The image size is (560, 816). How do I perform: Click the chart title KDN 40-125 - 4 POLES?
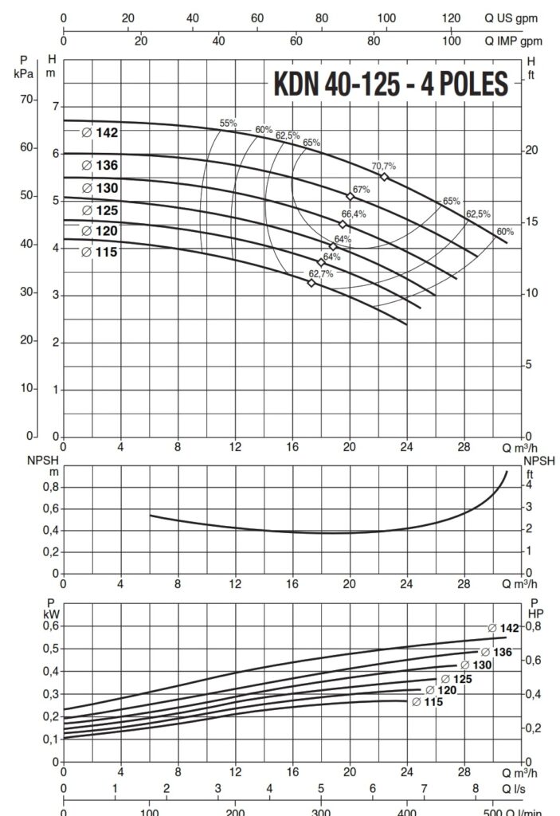tap(390, 84)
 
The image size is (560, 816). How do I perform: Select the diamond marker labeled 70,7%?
tap(384, 176)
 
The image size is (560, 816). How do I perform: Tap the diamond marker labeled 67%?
tap(350, 196)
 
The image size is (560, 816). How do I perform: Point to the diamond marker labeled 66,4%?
tap(343, 224)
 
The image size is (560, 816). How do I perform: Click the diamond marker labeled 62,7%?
tap(311, 283)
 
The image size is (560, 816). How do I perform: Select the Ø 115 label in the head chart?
tap(100, 252)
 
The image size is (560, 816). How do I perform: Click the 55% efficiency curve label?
tap(229, 123)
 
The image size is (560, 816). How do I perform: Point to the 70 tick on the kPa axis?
tap(29, 100)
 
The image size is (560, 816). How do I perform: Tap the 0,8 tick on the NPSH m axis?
tap(52, 486)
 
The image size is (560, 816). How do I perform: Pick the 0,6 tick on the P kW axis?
tap(52, 626)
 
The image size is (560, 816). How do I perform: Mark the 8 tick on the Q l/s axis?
tap(476, 788)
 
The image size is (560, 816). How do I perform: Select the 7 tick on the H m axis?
tap(55, 106)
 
